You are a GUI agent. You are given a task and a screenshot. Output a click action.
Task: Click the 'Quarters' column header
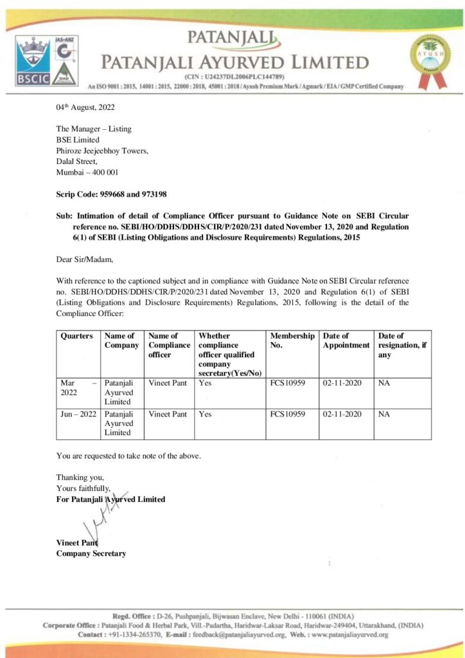(76, 335)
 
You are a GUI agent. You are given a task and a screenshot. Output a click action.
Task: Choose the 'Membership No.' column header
(292, 340)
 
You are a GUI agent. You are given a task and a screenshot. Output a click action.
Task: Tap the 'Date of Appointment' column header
(346, 340)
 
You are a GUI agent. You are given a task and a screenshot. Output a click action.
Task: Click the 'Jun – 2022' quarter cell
(78, 414)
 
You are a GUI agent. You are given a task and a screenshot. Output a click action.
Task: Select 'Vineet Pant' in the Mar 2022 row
(168, 383)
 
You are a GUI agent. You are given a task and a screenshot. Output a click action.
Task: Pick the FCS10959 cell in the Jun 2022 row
(292, 414)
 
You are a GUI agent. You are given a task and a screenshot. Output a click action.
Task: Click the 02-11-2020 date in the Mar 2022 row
(342, 383)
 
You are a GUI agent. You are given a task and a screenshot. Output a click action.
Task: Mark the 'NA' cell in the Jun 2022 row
(384, 414)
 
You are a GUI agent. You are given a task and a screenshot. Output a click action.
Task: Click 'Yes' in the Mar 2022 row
(205, 383)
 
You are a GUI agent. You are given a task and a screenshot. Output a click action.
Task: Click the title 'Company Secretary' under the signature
(91, 553)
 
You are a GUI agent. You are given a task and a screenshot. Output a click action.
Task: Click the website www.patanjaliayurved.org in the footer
(349, 635)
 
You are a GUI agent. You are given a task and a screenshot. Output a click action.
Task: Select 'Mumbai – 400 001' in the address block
(87, 172)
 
